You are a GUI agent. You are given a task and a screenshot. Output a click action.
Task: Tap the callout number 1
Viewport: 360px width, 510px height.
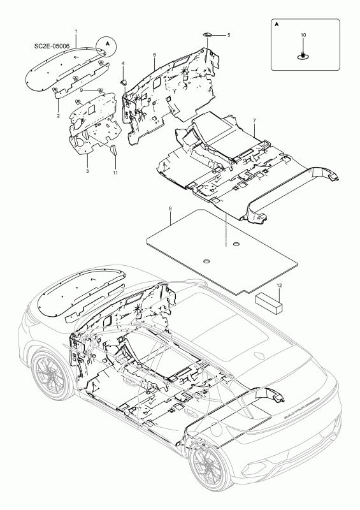(76, 31)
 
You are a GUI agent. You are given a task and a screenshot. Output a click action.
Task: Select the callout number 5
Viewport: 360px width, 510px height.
(229, 34)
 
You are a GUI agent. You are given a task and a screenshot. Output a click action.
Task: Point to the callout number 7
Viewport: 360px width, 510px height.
(254, 120)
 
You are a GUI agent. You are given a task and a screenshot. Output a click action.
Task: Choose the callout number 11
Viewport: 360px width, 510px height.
(115, 173)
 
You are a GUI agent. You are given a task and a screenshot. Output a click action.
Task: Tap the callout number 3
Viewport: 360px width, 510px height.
(87, 171)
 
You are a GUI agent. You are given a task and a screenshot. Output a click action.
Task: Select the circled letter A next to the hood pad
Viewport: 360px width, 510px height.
(107, 45)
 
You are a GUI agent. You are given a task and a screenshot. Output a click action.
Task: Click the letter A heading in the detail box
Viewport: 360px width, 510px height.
(277, 22)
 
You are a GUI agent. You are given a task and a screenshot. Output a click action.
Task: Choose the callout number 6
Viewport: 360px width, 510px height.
(154, 55)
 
